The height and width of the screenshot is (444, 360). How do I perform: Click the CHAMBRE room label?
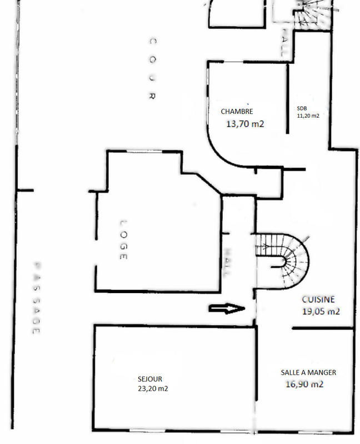(237, 112)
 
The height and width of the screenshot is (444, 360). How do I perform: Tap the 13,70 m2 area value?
(245, 124)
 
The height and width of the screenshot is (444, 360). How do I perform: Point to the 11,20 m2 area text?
(308, 116)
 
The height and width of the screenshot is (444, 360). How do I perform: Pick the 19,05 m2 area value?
(321, 311)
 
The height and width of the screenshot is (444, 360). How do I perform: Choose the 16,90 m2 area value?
(305, 384)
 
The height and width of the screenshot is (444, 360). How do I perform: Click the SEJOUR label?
(150, 379)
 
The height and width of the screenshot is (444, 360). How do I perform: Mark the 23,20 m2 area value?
(153, 389)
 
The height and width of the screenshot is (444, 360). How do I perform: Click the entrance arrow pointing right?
(227, 309)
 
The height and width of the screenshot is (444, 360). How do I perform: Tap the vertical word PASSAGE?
(36, 297)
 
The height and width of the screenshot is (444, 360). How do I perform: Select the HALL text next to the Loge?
(227, 262)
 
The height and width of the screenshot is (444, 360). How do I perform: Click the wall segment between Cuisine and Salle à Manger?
(323, 329)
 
